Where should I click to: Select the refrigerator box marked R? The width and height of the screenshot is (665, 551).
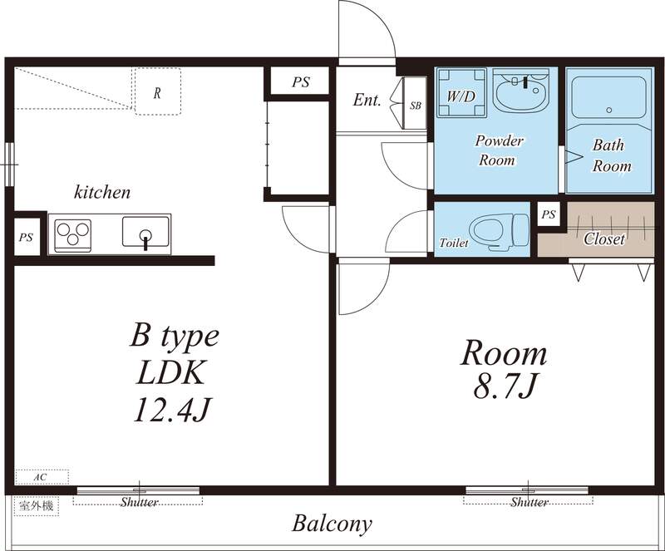click(x=157, y=91)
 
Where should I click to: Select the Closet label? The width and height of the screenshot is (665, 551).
click(x=603, y=239)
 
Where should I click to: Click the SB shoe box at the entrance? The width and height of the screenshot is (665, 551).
click(x=415, y=104)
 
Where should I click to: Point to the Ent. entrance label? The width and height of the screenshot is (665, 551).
click(x=367, y=100)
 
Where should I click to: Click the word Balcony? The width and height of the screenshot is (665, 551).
click(x=332, y=524)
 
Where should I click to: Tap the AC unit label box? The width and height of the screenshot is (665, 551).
click(x=40, y=477)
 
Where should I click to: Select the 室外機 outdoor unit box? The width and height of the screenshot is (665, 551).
click(x=37, y=505)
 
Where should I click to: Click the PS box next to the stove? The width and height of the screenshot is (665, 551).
click(x=26, y=237)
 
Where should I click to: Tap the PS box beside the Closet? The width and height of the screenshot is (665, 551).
click(x=548, y=215)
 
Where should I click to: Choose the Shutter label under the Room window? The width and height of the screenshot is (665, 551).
click(x=529, y=503)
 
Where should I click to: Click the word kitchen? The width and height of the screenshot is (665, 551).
click(x=103, y=193)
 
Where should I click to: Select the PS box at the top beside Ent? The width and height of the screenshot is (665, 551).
click(x=300, y=81)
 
